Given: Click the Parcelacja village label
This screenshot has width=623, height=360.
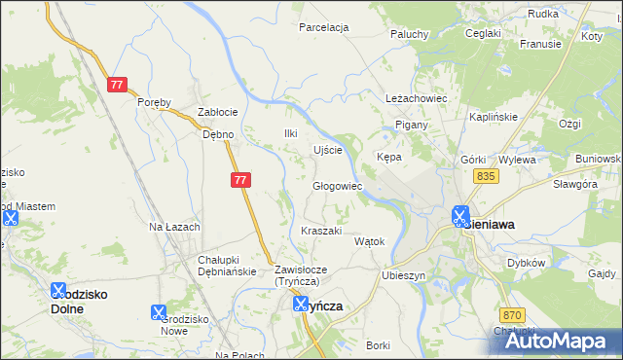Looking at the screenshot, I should click(x=324, y=27).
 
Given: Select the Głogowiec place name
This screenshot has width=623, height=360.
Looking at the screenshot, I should click(x=337, y=186).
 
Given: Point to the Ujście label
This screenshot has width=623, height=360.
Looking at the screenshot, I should click(x=327, y=150).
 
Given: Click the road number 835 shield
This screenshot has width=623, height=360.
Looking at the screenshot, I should click(x=488, y=176).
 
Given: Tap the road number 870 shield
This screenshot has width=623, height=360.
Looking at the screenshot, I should click(x=514, y=315).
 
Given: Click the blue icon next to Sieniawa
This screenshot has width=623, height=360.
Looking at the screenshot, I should click(x=459, y=216).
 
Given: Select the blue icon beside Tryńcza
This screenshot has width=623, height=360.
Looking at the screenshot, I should click(x=302, y=305).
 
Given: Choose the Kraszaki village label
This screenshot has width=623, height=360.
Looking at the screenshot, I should click(x=321, y=231).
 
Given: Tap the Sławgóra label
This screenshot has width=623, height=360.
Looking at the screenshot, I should click(x=573, y=184).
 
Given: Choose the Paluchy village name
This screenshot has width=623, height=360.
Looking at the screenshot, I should click(x=410, y=34).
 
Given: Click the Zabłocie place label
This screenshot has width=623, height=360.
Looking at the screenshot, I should click(x=218, y=112).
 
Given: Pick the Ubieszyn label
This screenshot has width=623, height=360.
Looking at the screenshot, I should click(x=404, y=275).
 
